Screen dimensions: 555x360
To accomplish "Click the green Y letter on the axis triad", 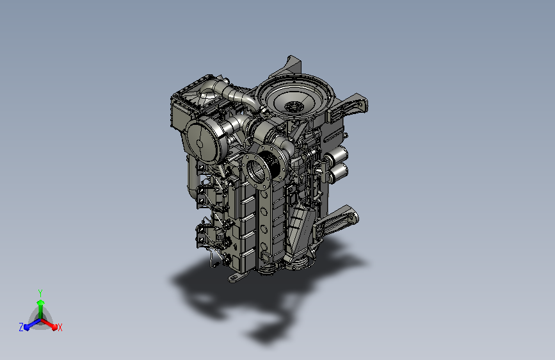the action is (40, 293).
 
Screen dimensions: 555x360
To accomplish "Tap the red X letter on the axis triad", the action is (60, 327).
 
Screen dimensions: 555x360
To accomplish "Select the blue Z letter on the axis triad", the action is (21, 327).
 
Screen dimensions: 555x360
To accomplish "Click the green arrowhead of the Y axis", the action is (41, 303).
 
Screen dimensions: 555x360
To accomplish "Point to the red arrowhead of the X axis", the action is (54, 327).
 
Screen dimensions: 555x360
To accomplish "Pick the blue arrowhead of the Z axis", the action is (26, 327).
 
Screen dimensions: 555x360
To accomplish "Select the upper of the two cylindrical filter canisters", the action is (337, 154).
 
